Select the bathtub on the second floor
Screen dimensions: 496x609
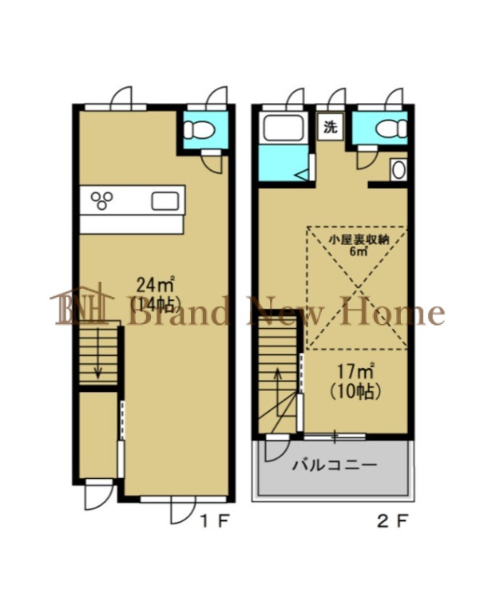pos(284,129)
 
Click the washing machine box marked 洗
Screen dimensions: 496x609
pos(331,127)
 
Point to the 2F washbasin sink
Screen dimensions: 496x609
pos(399,170)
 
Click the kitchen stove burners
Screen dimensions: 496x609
pos(102,200)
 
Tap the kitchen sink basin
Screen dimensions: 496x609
pos(165,201)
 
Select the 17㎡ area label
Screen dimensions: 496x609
pos(355,372)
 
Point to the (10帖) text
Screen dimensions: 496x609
pos(355,391)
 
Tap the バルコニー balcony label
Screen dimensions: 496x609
pos(335,465)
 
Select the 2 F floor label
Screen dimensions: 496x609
pos(392,521)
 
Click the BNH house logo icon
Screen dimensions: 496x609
pos(82,304)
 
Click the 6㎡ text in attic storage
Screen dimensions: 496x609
pos(359,251)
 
